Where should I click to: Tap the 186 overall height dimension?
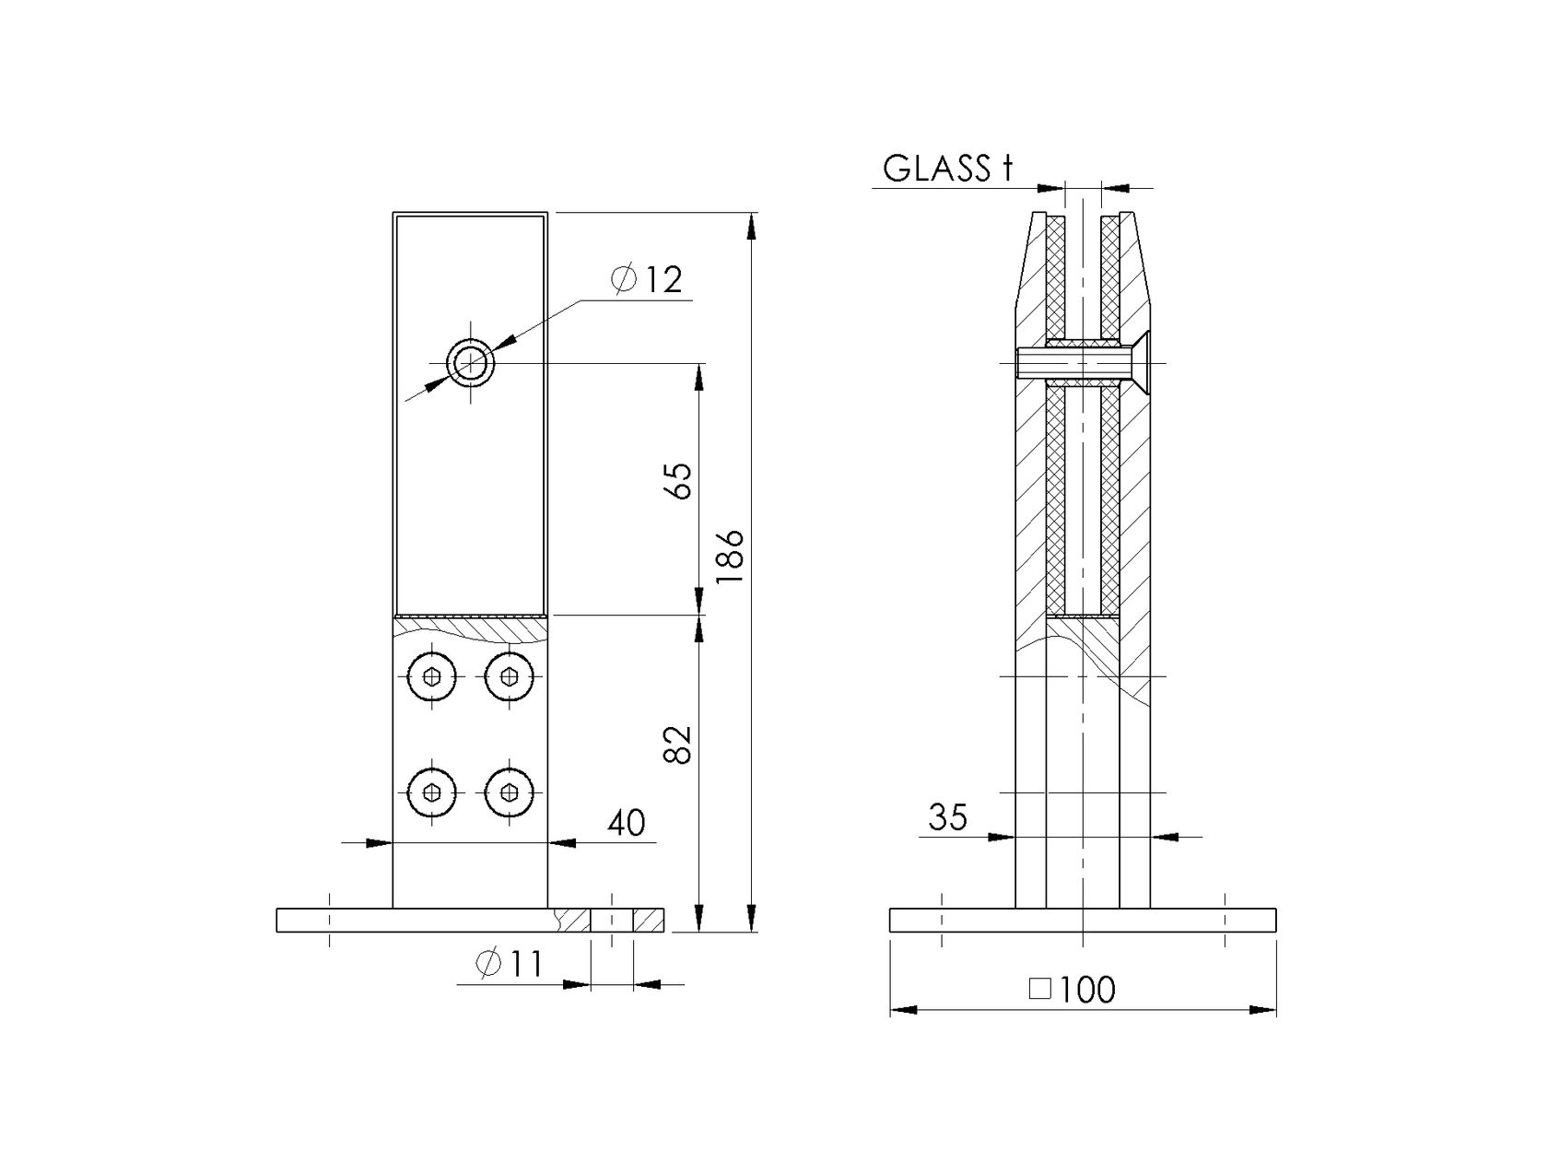(x=731, y=556)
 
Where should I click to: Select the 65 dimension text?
(x=678, y=480)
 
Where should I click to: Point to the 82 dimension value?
(x=678, y=745)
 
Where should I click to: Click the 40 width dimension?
(x=627, y=823)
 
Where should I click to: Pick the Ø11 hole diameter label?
(x=509, y=964)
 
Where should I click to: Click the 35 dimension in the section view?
(x=948, y=817)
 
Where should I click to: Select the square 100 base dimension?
(x=1073, y=990)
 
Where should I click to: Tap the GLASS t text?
(x=947, y=169)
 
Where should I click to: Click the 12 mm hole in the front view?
(x=471, y=364)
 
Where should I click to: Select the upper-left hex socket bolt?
(x=432, y=677)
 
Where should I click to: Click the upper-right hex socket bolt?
(x=509, y=677)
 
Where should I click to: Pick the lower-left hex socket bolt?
(x=432, y=792)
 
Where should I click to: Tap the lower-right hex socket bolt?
(x=509, y=792)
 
